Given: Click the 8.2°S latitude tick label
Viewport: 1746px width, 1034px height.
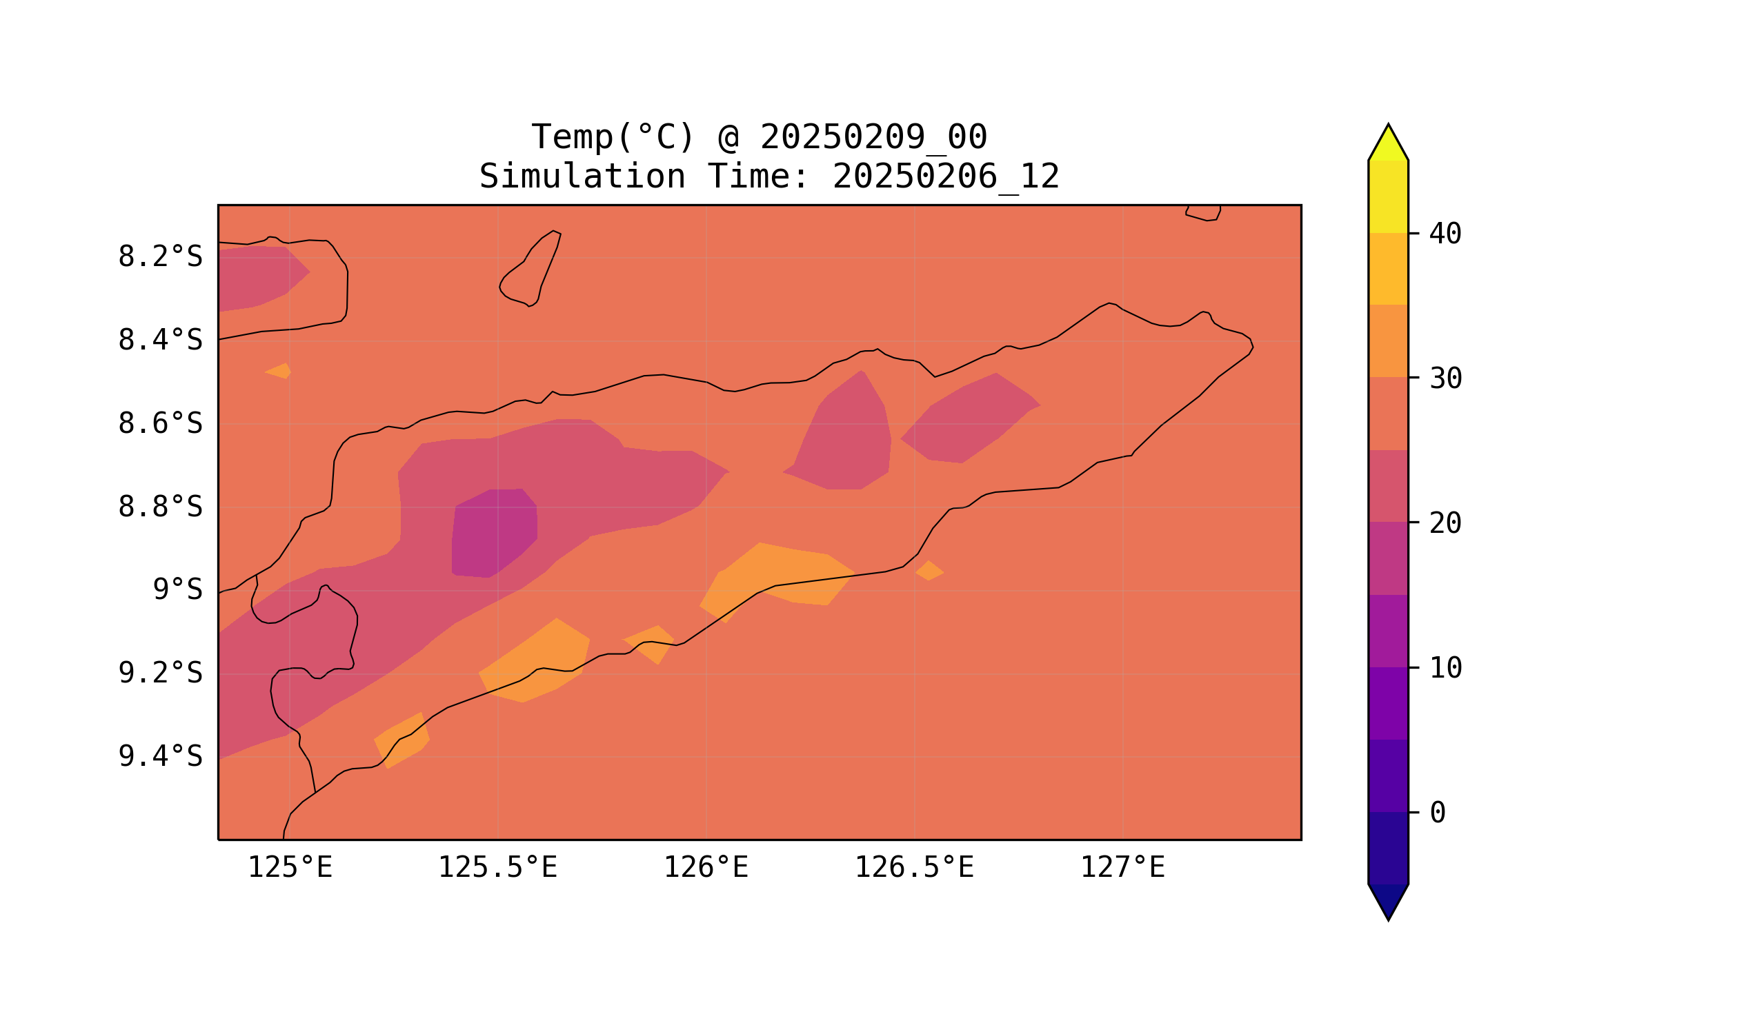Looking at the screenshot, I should pyautogui.click(x=159, y=257).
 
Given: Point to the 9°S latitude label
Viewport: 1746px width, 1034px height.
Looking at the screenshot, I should pyautogui.click(x=177, y=589).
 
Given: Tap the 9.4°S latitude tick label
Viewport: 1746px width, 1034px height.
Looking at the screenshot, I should pyautogui.click(x=159, y=756).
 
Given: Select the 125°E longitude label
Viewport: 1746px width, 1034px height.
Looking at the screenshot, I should pyautogui.click(x=290, y=867).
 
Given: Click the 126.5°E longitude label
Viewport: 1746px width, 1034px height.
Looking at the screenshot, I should pyautogui.click(x=914, y=867).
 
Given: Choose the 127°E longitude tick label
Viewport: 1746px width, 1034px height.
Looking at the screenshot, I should pyautogui.click(x=1122, y=867).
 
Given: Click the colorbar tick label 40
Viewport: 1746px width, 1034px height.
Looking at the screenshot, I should pyautogui.click(x=1445, y=234).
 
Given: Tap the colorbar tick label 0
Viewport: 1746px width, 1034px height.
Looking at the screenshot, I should pyautogui.click(x=1437, y=813).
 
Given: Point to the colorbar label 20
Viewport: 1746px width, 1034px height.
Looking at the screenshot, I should pyautogui.click(x=1445, y=523).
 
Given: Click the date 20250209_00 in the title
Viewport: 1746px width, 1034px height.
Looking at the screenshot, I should pyautogui.click(x=873, y=137).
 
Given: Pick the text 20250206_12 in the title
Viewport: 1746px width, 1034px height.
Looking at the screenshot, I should pyautogui.click(x=946, y=176).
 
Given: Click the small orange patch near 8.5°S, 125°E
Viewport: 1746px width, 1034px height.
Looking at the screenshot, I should pyautogui.click(x=278, y=372).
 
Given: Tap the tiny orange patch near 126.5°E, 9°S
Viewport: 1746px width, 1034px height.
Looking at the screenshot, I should pyautogui.click(x=929, y=571).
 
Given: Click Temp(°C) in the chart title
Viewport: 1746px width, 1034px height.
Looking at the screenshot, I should pyautogui.click(x=613, y=137).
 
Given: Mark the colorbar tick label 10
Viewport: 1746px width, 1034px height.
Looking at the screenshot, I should pyautogui.click(x=1445, y=668).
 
